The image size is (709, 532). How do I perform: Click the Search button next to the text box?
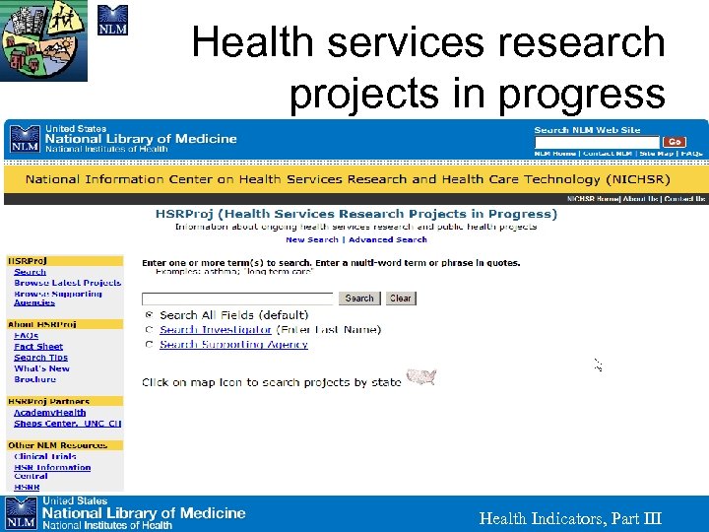point(359,298)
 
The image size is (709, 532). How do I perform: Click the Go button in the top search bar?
point(675,142)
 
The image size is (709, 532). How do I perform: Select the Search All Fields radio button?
point(150,315)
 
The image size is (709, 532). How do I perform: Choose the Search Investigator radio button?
point(150,330)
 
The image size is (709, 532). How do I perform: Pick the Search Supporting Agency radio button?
point(150,345)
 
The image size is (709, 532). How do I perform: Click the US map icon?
point(421,377)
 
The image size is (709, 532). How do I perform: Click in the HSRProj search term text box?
point(239,298)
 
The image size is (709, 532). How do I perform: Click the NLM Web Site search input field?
point(596,142)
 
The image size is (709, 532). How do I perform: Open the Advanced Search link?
point(388,239)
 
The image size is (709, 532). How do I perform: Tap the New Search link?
point(311,239)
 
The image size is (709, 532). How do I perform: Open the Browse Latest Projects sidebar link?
point(67,283)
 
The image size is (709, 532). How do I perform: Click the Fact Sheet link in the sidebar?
point(38,347)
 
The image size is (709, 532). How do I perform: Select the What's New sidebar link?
point(41,368)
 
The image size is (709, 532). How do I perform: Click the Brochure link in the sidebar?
point(34,379)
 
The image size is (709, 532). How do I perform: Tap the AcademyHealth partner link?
point(49,413)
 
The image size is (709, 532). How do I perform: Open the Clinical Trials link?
point(44,457)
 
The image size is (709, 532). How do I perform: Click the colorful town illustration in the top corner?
point(43,40)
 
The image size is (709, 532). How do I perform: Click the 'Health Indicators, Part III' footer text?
point(570,519)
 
